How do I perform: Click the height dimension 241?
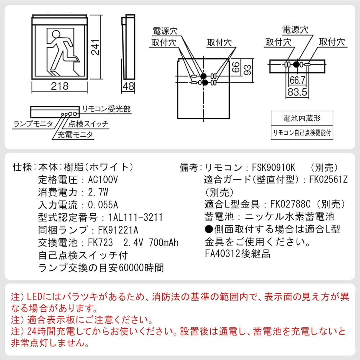(x=95, y=47)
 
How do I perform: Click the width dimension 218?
(x=60, y=86)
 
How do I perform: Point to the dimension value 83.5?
(x=297, y=92)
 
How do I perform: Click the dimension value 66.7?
(x=297, y=79)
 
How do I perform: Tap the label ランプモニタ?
(x=33, y=124)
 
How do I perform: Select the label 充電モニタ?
(x=76, y=135)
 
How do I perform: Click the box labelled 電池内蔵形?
(x=302, y=118)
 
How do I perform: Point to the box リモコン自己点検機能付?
(x=302, y=132)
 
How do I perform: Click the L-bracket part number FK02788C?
(x=292, y=204)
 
